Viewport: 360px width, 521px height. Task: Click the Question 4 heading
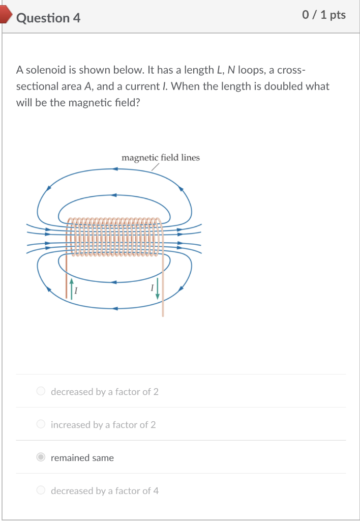[48, 18]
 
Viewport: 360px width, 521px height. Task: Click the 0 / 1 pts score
[324, 15]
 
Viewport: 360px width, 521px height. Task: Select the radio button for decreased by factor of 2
[41, 391]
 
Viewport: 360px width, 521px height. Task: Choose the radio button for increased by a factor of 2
[41, 424]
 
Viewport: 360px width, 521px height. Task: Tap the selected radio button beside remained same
[41, 457]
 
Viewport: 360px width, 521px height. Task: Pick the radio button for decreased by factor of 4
[41, 490]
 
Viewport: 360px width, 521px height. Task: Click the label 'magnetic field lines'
[161, 158]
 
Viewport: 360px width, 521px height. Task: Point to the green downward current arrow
[158, 288]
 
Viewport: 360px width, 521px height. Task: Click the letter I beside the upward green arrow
[76, 291]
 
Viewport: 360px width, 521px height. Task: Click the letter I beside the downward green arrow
[152, 288]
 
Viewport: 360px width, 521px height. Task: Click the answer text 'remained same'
[82, 458]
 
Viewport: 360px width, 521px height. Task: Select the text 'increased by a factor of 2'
[103, 425]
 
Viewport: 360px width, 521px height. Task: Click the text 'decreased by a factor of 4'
[105, 491]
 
